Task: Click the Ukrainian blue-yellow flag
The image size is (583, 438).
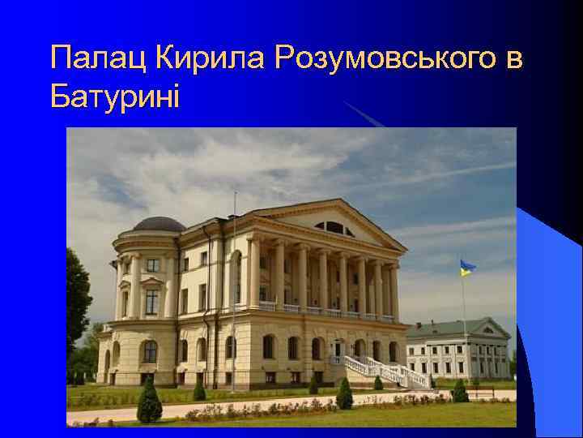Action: (467, 268)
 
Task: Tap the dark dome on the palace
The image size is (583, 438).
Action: (159, 224)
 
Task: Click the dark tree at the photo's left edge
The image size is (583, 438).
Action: (78, 300)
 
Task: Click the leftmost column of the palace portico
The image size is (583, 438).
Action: (253, 273)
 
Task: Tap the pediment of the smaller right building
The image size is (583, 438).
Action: (487, 329)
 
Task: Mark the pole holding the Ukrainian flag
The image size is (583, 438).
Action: (463, 324)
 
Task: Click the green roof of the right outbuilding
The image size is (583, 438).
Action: (441, 330)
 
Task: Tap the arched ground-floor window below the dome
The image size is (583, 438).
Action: (150, 351)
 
